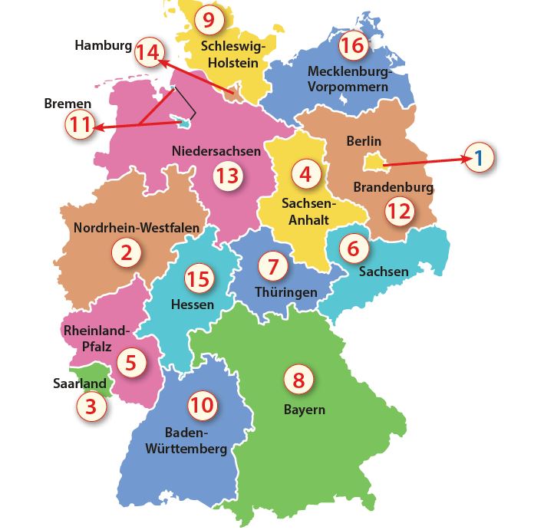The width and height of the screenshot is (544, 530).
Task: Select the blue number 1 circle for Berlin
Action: [x=479, y=158]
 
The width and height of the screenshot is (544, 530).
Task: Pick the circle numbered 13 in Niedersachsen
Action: [x=227, y=176]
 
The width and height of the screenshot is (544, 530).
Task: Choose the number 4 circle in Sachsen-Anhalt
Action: [x=305, y=175]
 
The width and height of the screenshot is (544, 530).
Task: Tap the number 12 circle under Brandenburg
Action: [x=399, y=211]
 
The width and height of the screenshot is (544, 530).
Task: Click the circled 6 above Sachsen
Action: [x=353, y=249]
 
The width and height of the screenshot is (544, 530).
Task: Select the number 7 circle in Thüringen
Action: [x=272, y=266]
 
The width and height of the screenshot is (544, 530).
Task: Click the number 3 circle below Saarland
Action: [x=91, y=407]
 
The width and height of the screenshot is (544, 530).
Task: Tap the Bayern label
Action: [x=304, y=410]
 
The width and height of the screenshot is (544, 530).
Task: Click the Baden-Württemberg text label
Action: [x=196, y=440]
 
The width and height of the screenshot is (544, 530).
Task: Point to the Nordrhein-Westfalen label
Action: [x=137, y=228]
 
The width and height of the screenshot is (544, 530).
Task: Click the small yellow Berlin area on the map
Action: [x=372, y=161]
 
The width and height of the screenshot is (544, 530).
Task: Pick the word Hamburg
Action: [x=103, y=46]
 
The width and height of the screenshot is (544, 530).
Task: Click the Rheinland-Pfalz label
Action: [x=95, y=338]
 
